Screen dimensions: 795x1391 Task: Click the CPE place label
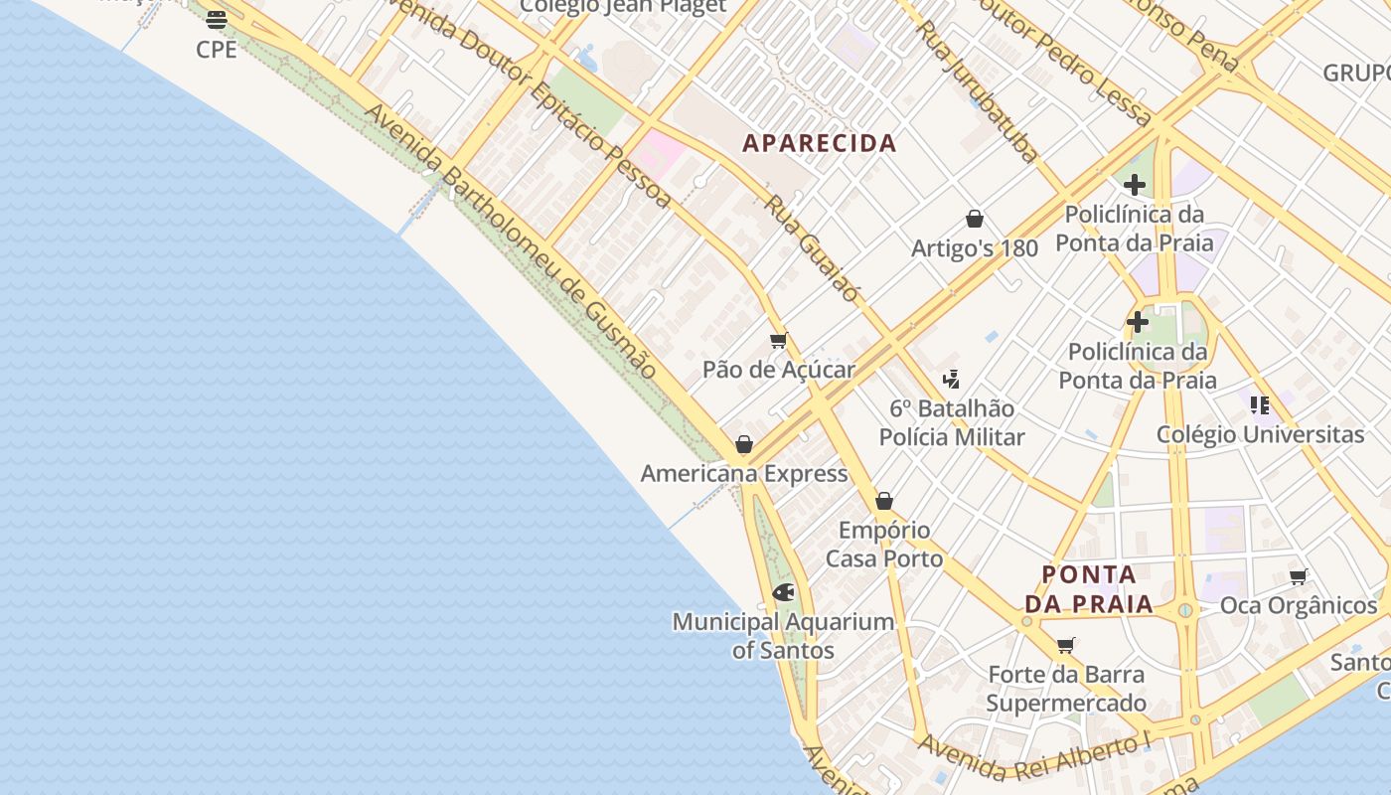coord(217,49)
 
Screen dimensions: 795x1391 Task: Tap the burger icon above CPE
coord(217,19)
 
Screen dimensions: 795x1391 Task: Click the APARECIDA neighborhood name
coord(820,143)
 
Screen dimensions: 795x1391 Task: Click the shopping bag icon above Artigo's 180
coord(975,219)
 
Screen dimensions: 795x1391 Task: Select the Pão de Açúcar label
coord(779,370)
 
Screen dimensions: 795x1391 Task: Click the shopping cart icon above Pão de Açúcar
coord(779,341)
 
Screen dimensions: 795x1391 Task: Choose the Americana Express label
coord(744,473)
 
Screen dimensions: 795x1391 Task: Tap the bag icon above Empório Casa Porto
coord(884,501)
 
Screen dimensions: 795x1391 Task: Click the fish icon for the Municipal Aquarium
coord(783,593)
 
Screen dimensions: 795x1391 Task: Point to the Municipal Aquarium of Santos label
coord(783,636)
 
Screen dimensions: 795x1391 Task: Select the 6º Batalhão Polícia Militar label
coord(952,422)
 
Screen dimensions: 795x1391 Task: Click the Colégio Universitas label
coord(1260,434)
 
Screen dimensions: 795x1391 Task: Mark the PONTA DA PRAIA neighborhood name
coord(1089,588)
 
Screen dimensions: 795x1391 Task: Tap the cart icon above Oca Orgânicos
coord(1298,576)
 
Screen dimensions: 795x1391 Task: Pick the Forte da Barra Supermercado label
coord(1066,689)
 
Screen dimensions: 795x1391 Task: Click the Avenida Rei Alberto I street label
coord(1033,757)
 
